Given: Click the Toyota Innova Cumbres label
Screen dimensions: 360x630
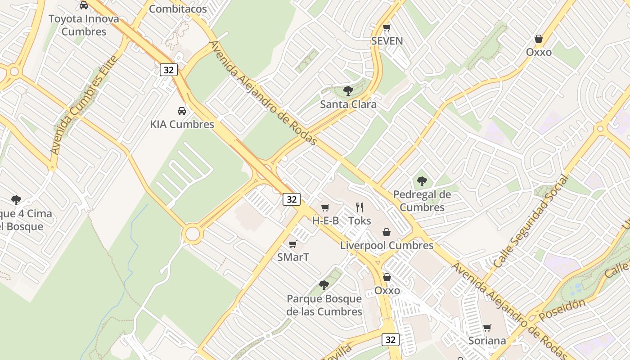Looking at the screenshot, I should point(84,25).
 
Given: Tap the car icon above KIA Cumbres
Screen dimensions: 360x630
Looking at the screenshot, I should point(182,111).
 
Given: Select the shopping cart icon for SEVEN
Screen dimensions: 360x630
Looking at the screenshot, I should point(387,28).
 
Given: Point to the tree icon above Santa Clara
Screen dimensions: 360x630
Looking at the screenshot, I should point(348,91).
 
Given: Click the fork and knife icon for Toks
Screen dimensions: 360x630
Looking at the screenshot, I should point(360,207).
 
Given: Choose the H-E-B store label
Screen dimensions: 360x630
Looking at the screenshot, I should point(325,220).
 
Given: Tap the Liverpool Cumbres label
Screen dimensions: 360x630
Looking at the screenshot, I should point(387,245).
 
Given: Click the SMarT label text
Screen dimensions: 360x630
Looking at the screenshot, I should point(293,257).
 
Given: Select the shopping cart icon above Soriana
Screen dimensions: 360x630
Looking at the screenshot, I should point(487,328).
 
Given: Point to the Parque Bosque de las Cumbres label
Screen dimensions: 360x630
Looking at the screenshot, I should point(324,305).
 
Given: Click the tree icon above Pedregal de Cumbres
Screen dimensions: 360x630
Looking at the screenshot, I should point(422,181).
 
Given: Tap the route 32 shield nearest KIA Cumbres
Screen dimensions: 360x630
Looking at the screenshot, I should point(169,70).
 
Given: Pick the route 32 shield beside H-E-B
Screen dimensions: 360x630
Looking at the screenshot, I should point(292,199).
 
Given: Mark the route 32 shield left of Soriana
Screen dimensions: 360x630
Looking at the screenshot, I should point(390,339).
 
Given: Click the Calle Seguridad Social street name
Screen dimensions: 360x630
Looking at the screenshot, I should point(531,222).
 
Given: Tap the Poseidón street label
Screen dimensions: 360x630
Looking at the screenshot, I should point(563,309).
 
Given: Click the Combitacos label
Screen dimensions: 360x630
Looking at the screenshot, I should point(178,9).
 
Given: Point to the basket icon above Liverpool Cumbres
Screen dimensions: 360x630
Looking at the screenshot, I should point(386,232).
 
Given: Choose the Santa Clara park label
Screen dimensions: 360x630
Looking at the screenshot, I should point(348,104).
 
